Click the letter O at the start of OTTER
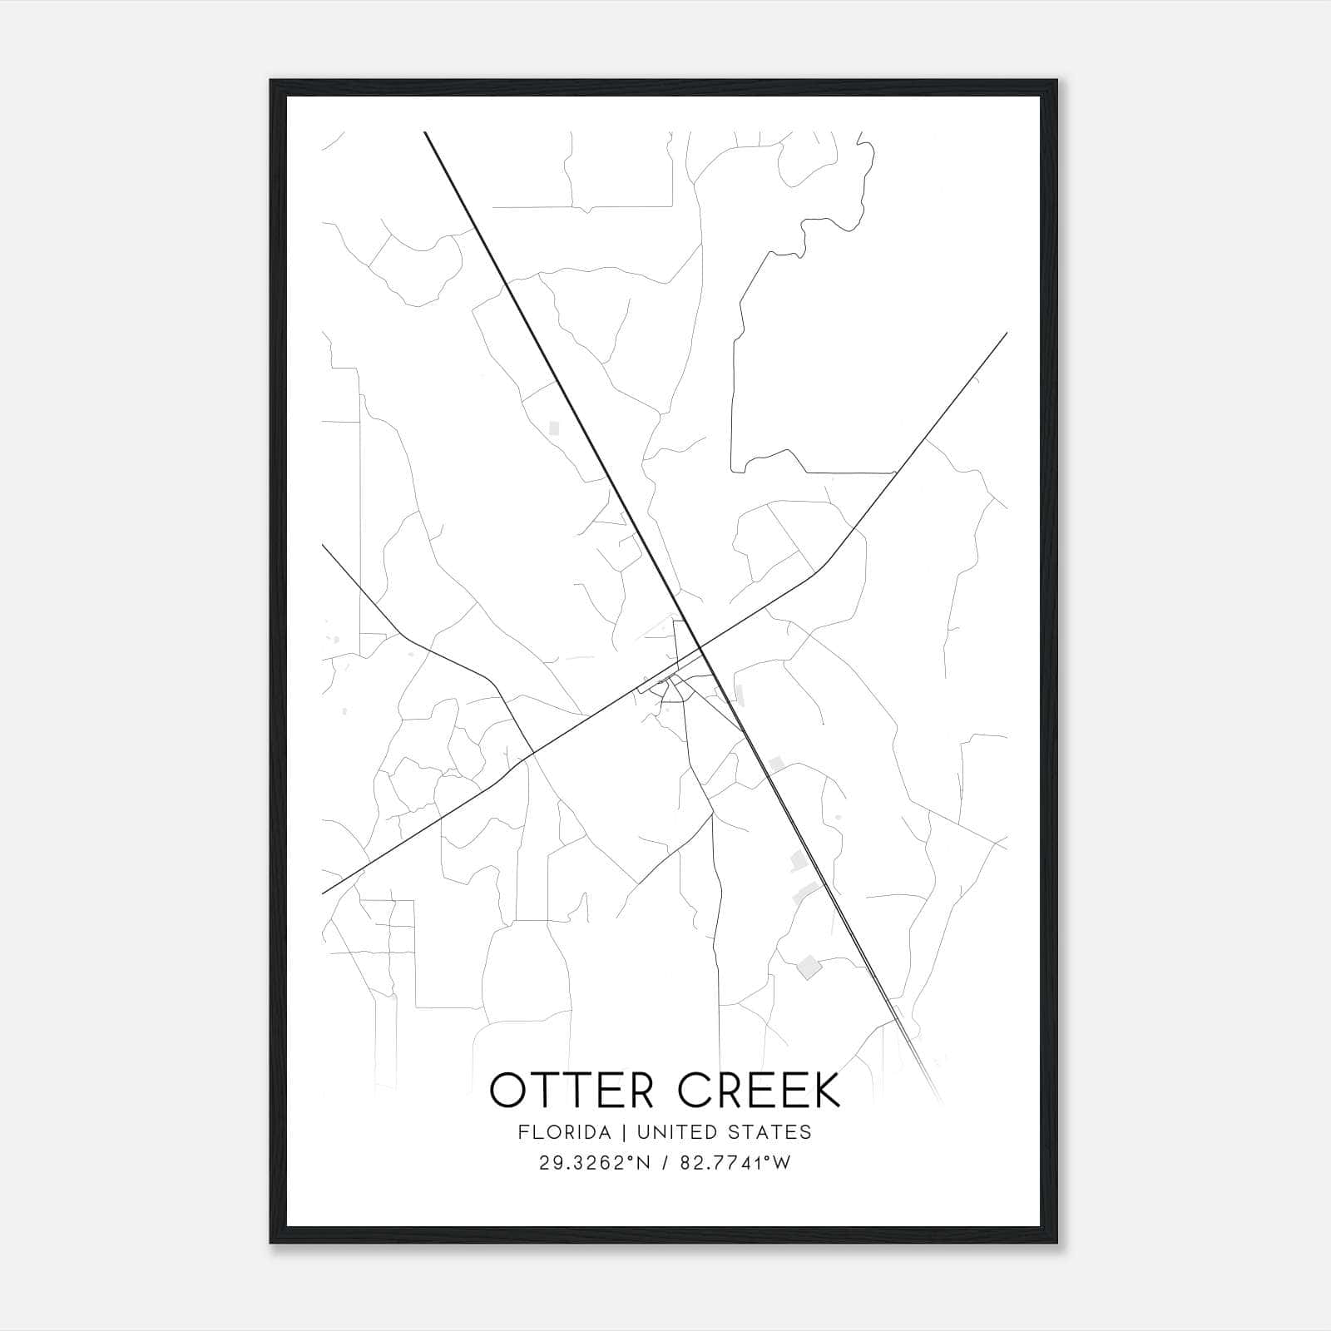click(507, 1091)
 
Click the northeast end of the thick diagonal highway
click(1007, 333)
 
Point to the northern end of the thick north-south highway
click(425, 132)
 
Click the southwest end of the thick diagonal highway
click(323, 893)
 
